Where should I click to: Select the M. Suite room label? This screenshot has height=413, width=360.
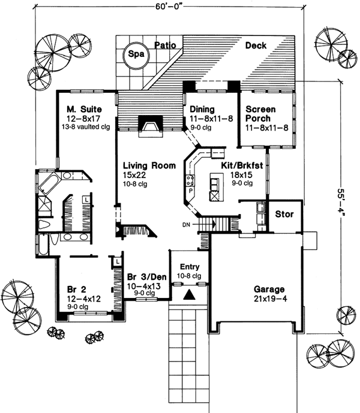pos(83,110)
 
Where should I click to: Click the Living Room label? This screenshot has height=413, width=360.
pos(149,165)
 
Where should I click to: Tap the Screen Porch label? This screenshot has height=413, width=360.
pos(260,114)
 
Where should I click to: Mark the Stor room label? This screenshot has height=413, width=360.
pos(284,214)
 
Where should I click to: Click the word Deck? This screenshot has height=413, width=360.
pos(255,46)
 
